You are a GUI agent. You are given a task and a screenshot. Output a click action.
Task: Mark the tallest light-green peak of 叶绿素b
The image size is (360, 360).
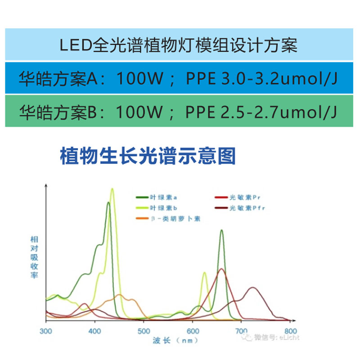pyautogui.click(x=112, y=189)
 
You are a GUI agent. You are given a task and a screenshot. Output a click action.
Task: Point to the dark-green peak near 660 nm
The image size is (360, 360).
pyautogui.click(x=221, y=230)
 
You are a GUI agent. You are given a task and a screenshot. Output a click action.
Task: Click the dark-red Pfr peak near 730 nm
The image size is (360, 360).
pyautogui.click(x=254, y=288)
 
